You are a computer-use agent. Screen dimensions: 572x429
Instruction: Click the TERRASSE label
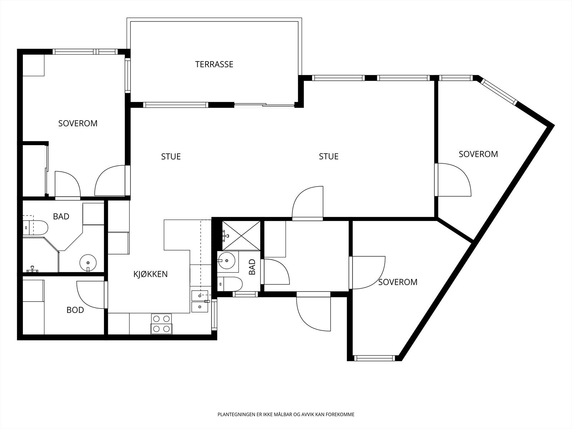click(x=214, y=64)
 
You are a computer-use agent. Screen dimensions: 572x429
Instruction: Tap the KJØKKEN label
click(x=151, y=274)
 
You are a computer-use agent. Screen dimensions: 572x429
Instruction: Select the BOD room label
click(x=75, y=310)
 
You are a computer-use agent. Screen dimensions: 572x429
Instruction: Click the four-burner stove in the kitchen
click(x=161, y=324)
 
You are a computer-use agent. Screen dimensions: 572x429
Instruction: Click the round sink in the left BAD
click(x=88, y=263)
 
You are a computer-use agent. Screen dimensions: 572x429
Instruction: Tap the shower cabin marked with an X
click(x=241, y=236)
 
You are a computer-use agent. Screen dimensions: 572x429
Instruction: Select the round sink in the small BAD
click(x=226, y=260)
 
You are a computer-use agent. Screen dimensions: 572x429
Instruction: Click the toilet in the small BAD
click(x=230, y=284)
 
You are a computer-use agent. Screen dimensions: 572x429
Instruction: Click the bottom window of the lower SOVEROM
click(x=375, y=358)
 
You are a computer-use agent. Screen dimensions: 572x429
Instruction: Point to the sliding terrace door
click(x=264, y=105)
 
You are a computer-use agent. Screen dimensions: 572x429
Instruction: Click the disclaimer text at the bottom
click(x=286, y=414)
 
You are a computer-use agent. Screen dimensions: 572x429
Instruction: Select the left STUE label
click(x=171, y=157)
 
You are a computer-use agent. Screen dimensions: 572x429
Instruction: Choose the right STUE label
click(x=329, y=156)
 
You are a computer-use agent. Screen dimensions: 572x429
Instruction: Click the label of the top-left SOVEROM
click(x=78, y=123)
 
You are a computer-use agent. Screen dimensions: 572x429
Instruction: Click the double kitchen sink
click(x=200, y=301)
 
